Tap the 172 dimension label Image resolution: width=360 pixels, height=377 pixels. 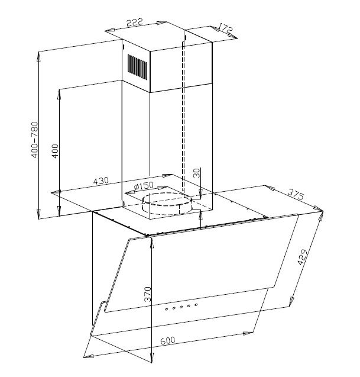(x=225, y=28)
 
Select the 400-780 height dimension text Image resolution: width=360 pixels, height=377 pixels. (x=34, y=140)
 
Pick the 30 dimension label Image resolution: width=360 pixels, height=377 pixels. (x=196, y=173)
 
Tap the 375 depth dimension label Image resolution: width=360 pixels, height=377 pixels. (x=296, y=194)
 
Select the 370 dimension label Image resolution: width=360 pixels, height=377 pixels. (x=148, y=295)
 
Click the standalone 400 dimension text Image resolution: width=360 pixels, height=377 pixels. (x=55, y=150)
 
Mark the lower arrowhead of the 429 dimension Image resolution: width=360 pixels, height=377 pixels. (x=294, y=302)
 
